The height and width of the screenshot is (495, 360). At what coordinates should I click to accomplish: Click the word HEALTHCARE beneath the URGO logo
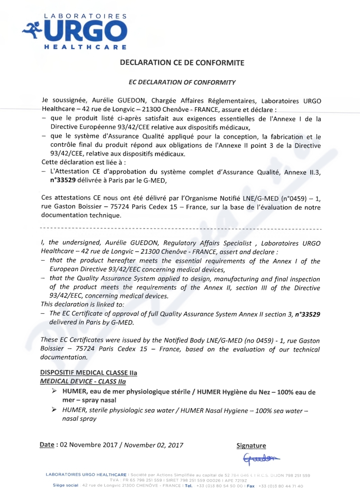(85, 47)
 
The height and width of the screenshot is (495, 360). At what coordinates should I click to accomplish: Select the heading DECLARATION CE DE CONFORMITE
(182, 63)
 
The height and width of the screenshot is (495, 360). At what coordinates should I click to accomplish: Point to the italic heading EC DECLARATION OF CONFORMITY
(182, 82)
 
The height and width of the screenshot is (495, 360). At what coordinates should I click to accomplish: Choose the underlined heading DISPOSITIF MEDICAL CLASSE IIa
(89, 373)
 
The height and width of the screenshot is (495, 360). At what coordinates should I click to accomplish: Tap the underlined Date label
(47, 445)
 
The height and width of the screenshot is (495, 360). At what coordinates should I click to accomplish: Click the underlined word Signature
(251, 446)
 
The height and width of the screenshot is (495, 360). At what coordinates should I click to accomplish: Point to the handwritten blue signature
(261, 458)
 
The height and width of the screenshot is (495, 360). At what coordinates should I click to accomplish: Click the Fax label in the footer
(251, 486)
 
